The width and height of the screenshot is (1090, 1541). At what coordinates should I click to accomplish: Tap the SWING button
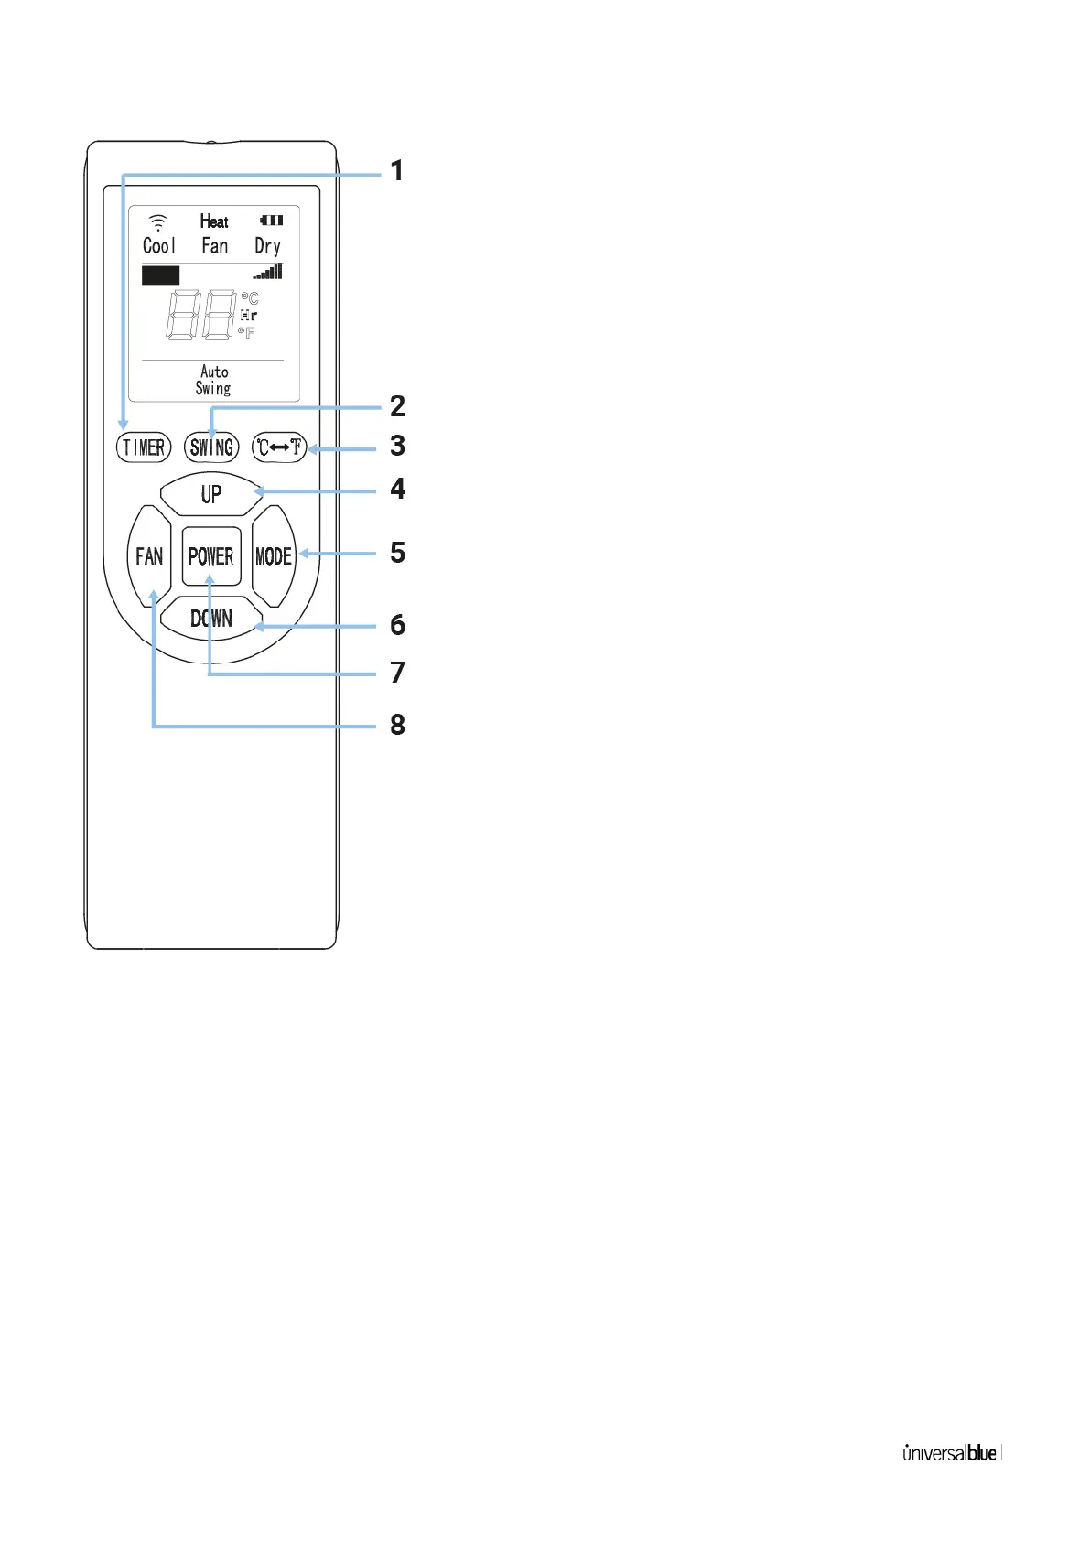coord(211,447)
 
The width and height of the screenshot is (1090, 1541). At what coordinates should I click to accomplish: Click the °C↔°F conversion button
coord(279,447)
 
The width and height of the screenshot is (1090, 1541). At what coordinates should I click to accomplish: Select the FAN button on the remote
coord(149,556)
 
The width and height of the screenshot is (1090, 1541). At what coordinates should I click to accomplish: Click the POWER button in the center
coord(211,556)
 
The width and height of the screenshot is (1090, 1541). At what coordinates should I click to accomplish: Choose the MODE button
coord(274,556)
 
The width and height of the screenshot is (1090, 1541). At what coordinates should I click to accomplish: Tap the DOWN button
coord(211,620)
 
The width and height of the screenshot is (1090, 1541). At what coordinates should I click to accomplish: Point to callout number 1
coord(397,171)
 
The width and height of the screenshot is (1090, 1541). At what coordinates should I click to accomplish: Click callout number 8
coord(397,725)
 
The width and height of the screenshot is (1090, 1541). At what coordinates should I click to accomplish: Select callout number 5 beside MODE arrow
coord(397,553)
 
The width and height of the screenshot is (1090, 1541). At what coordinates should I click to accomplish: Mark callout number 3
coord(397,446)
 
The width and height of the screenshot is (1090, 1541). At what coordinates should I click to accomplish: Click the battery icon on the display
coord(272,221)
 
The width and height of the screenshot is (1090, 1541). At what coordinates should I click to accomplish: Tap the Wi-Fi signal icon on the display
coord(158,222)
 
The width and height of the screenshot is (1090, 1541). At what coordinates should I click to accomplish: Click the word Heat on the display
coord(214,221)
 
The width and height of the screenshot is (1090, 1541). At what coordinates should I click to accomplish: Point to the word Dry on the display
coord(267,246)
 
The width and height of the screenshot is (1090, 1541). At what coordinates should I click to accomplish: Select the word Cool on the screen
coord(158,246)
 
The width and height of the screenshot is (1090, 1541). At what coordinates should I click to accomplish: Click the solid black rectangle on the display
coord(160,275)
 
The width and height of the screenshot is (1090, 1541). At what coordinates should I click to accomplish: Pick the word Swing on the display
coord(213,389)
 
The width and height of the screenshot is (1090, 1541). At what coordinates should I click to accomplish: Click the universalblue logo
coord(950,1453)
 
